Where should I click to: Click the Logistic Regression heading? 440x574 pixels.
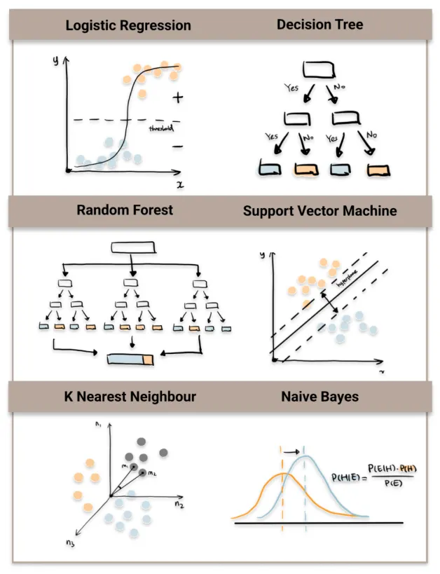pos(128,26)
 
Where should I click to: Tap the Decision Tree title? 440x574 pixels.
pos(319,25)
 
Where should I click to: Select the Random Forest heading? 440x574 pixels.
pos(125,210)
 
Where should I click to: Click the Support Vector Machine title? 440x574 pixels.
pos(319,210)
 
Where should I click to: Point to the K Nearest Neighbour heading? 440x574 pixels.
pos(130,397)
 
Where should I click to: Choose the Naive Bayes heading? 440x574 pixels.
pos(319,397)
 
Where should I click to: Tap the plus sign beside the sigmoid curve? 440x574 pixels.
pos(177,98)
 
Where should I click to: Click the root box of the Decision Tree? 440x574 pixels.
pos(319,69)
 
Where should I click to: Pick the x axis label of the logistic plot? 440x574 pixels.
pos(180,185)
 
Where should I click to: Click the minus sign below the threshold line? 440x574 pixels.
pos(177,146)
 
